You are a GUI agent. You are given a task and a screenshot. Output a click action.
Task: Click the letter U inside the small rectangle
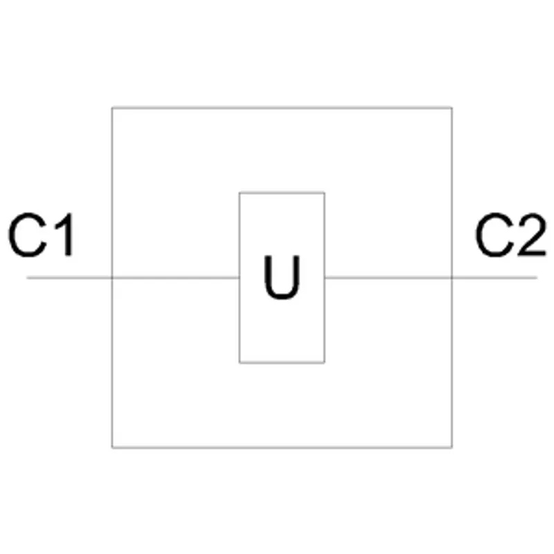pyautogui.click(x=282, y=277)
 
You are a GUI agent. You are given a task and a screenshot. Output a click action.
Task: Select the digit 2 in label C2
pyautogui.click(x=531, y=234)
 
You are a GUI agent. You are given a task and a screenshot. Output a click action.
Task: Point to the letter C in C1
pyautogui.click(x=28, y=235)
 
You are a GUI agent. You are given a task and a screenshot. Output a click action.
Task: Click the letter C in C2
pyautogui.click(x=494, y=235)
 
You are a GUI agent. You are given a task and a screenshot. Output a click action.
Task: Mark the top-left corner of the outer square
pyautogui.click(x=112, y=108)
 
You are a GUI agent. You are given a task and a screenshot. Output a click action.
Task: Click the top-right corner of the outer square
pyautogui.click(x=452, y=108)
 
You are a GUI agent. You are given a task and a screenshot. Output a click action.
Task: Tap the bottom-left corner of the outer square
pyautogui.click(x=112, y=447)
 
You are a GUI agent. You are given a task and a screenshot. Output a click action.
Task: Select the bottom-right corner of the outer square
pyautogui.click(x=452, y=447)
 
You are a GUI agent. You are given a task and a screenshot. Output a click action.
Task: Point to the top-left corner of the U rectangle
pyautogui.click(x=240, y=193)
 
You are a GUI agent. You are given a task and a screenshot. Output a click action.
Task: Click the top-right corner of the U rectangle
pyautogui.click(x=325, y=193)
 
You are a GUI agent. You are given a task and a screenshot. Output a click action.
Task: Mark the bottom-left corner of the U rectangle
pyautogui.click(x=240, y=362)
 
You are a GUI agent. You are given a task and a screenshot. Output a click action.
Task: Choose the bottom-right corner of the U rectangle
pyautogui.click(x=325, y=362)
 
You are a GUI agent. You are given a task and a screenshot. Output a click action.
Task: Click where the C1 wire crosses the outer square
pyautogui.click(x=112, y=278)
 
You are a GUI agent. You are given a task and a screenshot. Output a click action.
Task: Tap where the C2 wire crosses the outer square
pyautogui.click(x=452, y=278)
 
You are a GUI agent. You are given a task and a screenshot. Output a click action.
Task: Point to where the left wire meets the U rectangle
pyautogui.click(x=240, y=278)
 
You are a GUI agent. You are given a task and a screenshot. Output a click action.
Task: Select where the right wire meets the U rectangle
pyautogui.click(x=325, y=278)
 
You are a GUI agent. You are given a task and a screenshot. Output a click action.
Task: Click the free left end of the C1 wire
pyautogui.click(x=27, y=278)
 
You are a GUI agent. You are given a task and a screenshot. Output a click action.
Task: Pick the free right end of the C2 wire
pyautogui.click(x=537, y=278)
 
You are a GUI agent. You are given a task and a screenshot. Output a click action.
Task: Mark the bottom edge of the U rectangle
pyautogui.click(x=282, y=362)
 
